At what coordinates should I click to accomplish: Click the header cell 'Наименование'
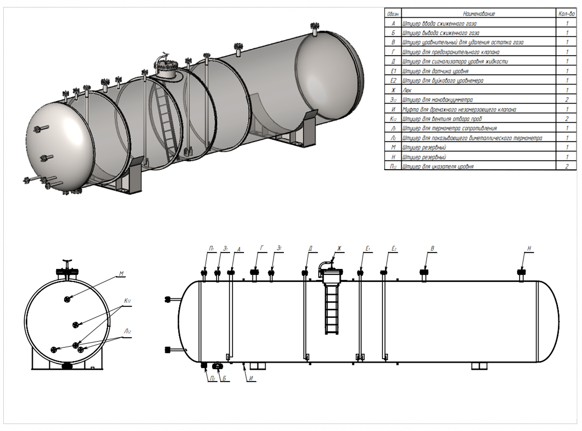click(479, 13)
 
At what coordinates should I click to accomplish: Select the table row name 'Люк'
click(407, 90)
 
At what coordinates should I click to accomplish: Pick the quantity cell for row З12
click(567, 100)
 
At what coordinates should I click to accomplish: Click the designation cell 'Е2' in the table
click(393, 81)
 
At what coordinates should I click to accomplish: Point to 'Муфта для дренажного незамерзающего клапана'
click(459, 109)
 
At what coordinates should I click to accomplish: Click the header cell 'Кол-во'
click(566, 13)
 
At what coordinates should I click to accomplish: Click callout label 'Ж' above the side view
click(339, 249)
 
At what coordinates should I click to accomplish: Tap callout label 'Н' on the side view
click(529, 249)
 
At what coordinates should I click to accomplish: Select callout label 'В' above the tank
click(433, 249)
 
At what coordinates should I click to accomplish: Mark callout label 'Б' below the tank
click(224, 378)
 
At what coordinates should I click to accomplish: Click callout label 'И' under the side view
click(251, 378)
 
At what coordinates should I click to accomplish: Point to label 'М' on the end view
click(121, 274)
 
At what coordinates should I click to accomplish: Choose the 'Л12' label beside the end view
click(127, 332)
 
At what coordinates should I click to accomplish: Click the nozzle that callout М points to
click(67, 299)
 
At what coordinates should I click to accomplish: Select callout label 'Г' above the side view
click(261, 249)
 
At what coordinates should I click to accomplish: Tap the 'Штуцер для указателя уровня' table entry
click(438, 166)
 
